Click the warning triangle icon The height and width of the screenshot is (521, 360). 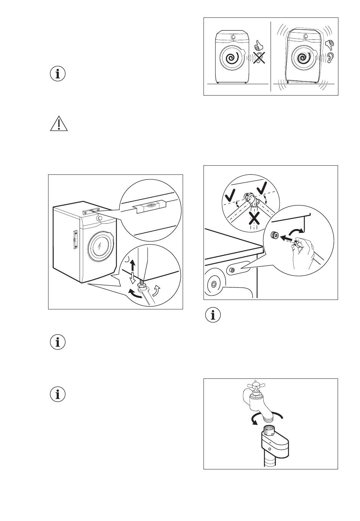click(x=59, y=124)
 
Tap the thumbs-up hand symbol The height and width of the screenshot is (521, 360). click(x=258, y=46)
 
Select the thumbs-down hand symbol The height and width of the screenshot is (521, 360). click(x=330, y=45)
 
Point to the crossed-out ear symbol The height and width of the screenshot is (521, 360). click(x=259, y=58)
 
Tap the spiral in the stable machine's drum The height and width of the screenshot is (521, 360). click(x=232, y=59)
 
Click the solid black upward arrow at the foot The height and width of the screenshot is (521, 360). click(x=132, y=265)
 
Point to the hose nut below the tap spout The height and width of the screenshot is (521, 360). click(x=270, y=431)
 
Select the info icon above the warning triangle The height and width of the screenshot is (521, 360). click(x=58, y=74)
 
